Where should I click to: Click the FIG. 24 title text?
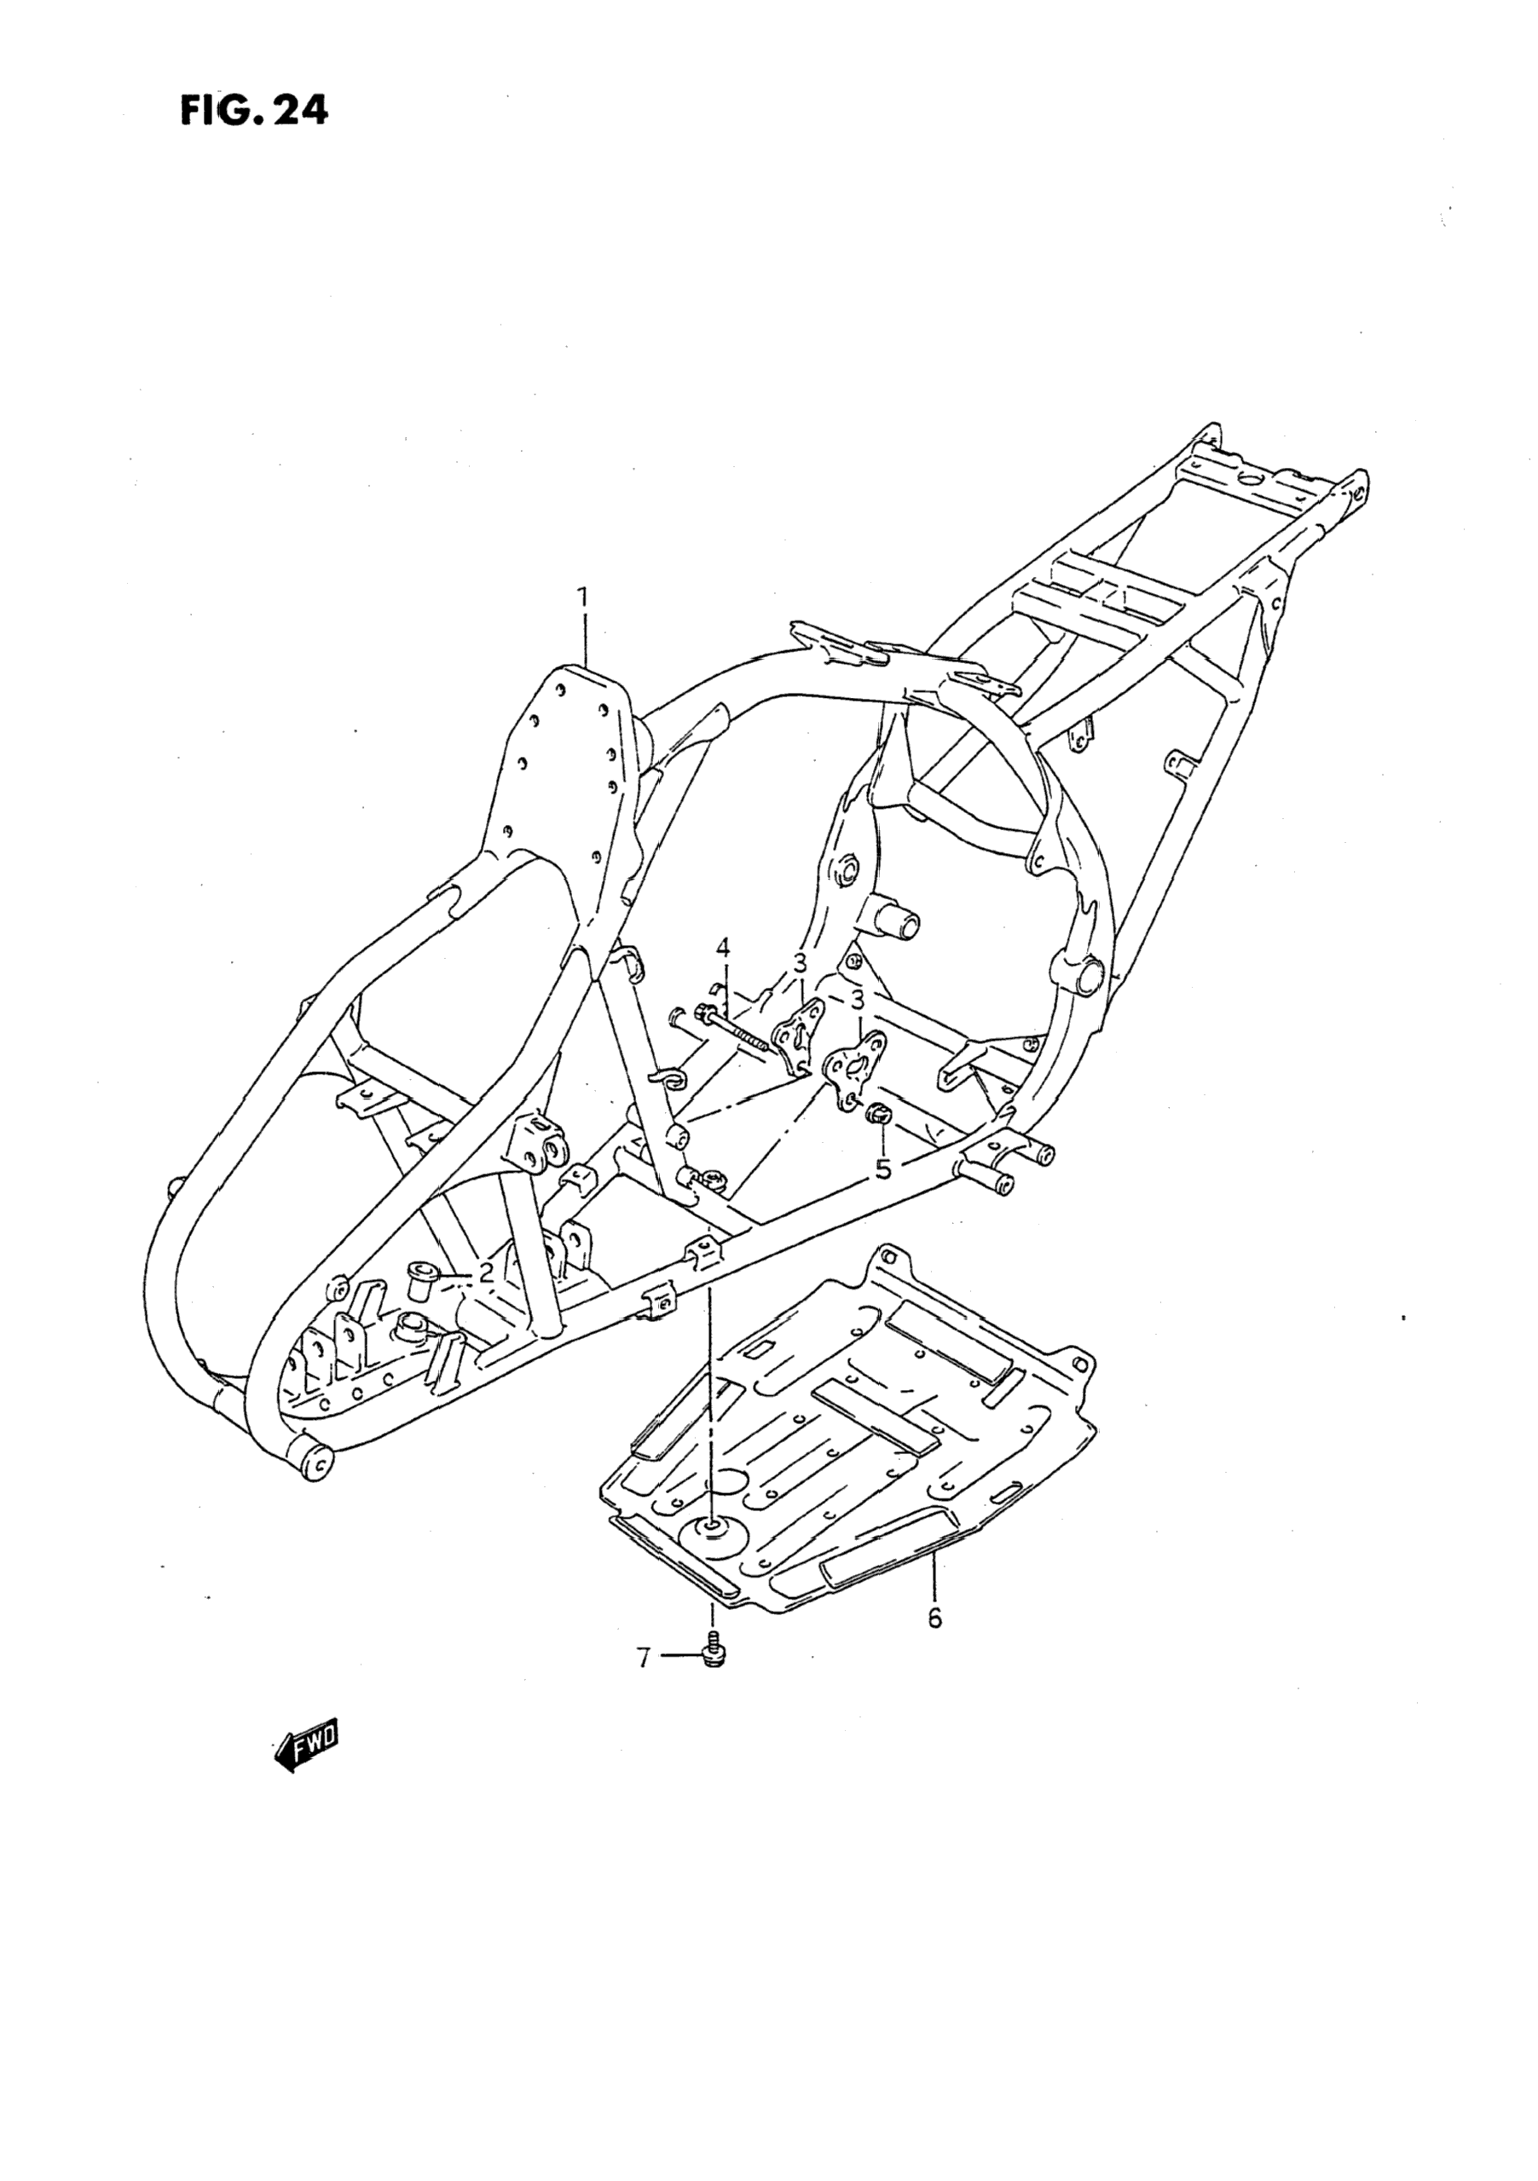coord(254,111)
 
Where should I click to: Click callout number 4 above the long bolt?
coord(724,948)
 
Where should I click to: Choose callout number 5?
coord(883,1169)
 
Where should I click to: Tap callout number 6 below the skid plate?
coord(934,1618)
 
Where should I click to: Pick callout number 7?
coord(644,1659)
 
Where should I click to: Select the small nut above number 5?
coord(878,1112)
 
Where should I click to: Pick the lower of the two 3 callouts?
coord(857,1001)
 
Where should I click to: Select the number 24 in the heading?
coord(299,111)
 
